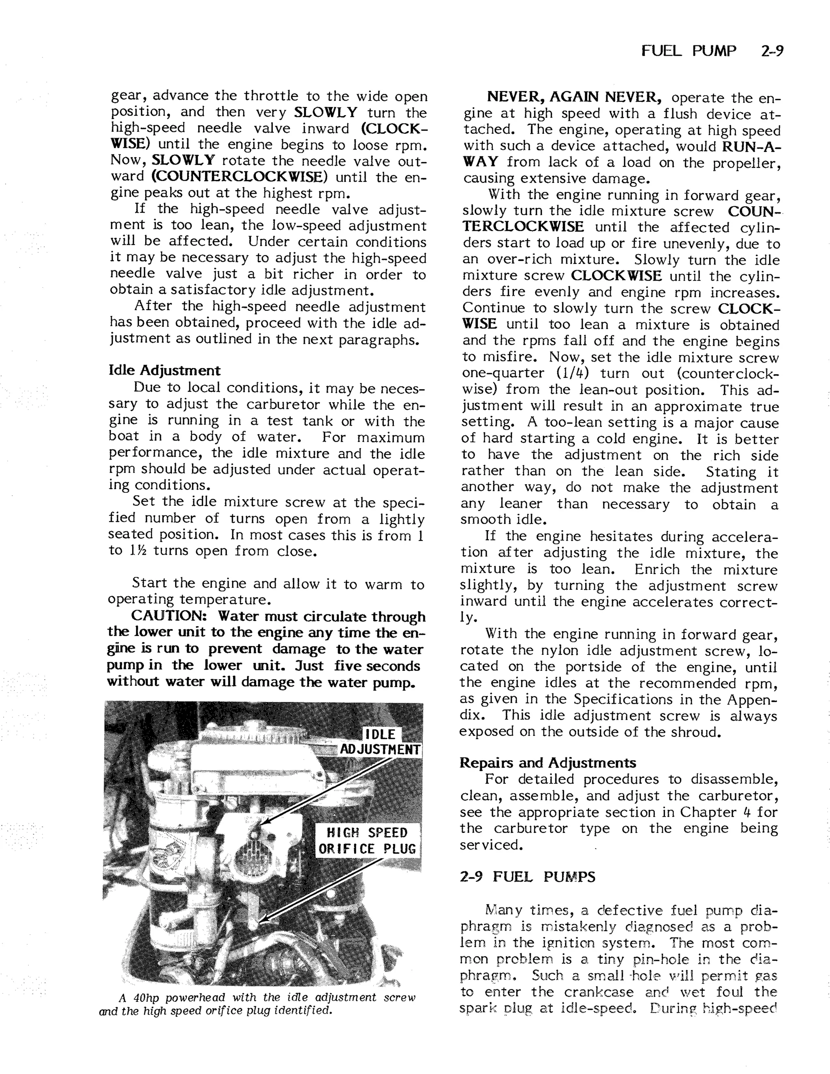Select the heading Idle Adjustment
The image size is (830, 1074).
tap(164, 370)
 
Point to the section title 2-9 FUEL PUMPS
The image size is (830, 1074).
tap(527, 877)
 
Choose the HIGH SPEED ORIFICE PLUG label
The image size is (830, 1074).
tap(368, 841)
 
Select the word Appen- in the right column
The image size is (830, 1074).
tap(753, 699)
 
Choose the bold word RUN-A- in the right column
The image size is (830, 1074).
tap(751, 146)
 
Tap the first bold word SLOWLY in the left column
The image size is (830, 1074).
tap(325, 112)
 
